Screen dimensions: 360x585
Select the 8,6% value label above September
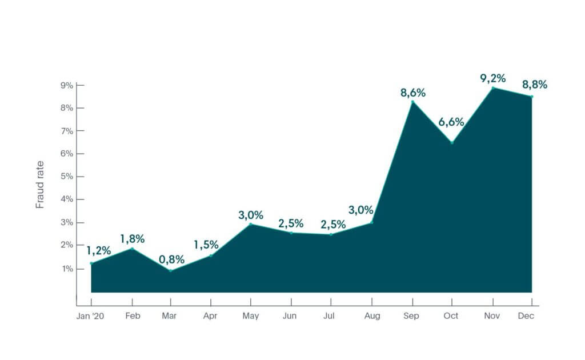(x=413, y=93)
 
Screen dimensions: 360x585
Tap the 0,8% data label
(x=171, y=259)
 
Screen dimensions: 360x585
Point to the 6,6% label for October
(x=451, y=122)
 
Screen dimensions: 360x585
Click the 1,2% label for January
(x=98, y=250)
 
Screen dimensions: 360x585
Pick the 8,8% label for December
(x=534, y=85)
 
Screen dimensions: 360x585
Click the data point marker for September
(x=412, y=102)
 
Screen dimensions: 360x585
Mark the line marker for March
(x=171, y=270)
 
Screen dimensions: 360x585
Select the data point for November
(x=493, y=87)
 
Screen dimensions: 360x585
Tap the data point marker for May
(x=250, y=224)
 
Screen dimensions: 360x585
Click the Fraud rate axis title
(x=40, y=185)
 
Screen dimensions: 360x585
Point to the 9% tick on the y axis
(x=67, y=86)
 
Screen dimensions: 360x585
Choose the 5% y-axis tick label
(x=67, y=177)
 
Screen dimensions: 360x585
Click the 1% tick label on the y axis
(x=67, y=269)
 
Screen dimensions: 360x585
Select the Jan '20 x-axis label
(x=90, y=316)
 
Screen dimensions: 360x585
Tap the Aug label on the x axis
(x=372, y=316)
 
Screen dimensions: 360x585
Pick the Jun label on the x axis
(x=290, y=316)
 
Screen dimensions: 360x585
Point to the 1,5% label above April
(x=206, y=245)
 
